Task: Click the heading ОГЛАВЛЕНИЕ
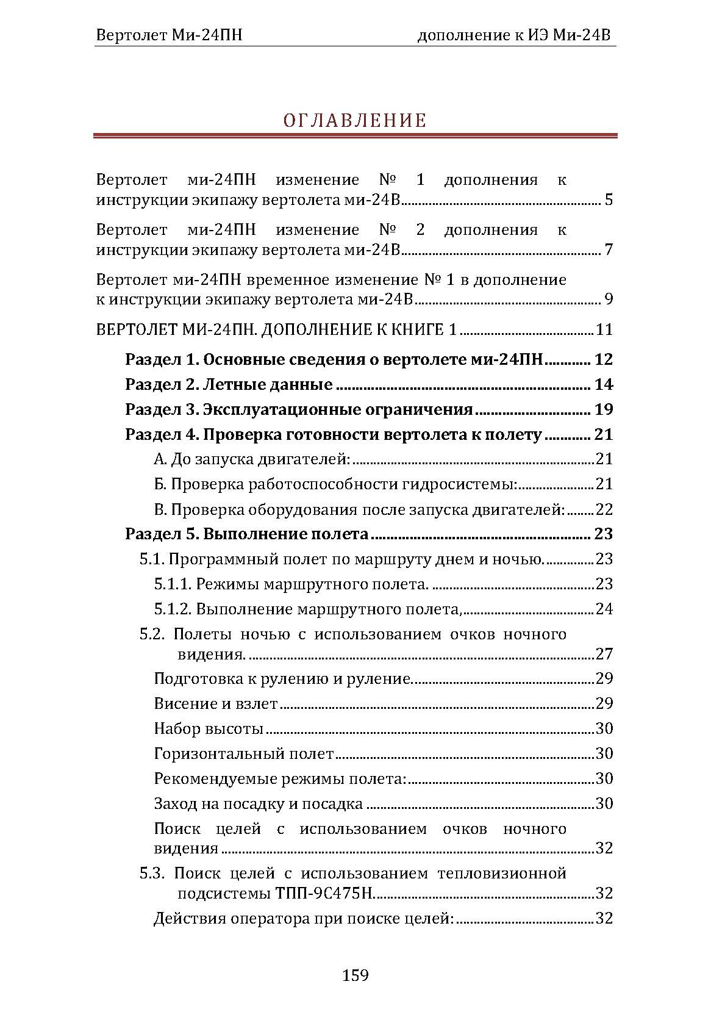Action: tap(355, 120)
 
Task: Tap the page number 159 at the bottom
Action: tap(355, 975)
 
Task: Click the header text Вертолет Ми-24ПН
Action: tap(169, 35)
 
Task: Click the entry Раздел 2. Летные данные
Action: tap(229, 384)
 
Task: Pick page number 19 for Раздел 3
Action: tap(603, 409)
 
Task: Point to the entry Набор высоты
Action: tap(209, 728)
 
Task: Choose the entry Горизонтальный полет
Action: tap(244, 753)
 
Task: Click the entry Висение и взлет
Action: tap(216, 703)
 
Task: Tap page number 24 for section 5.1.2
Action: tap(604, 609)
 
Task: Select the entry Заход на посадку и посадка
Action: tap(259, 803)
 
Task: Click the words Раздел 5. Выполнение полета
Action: tap(247, 534)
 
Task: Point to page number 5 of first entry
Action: tap(608, 200)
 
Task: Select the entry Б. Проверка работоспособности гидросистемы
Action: tap(335, 484)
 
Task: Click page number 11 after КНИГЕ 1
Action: tap(604, 330)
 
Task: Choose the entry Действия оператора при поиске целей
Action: tap(304, 918)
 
